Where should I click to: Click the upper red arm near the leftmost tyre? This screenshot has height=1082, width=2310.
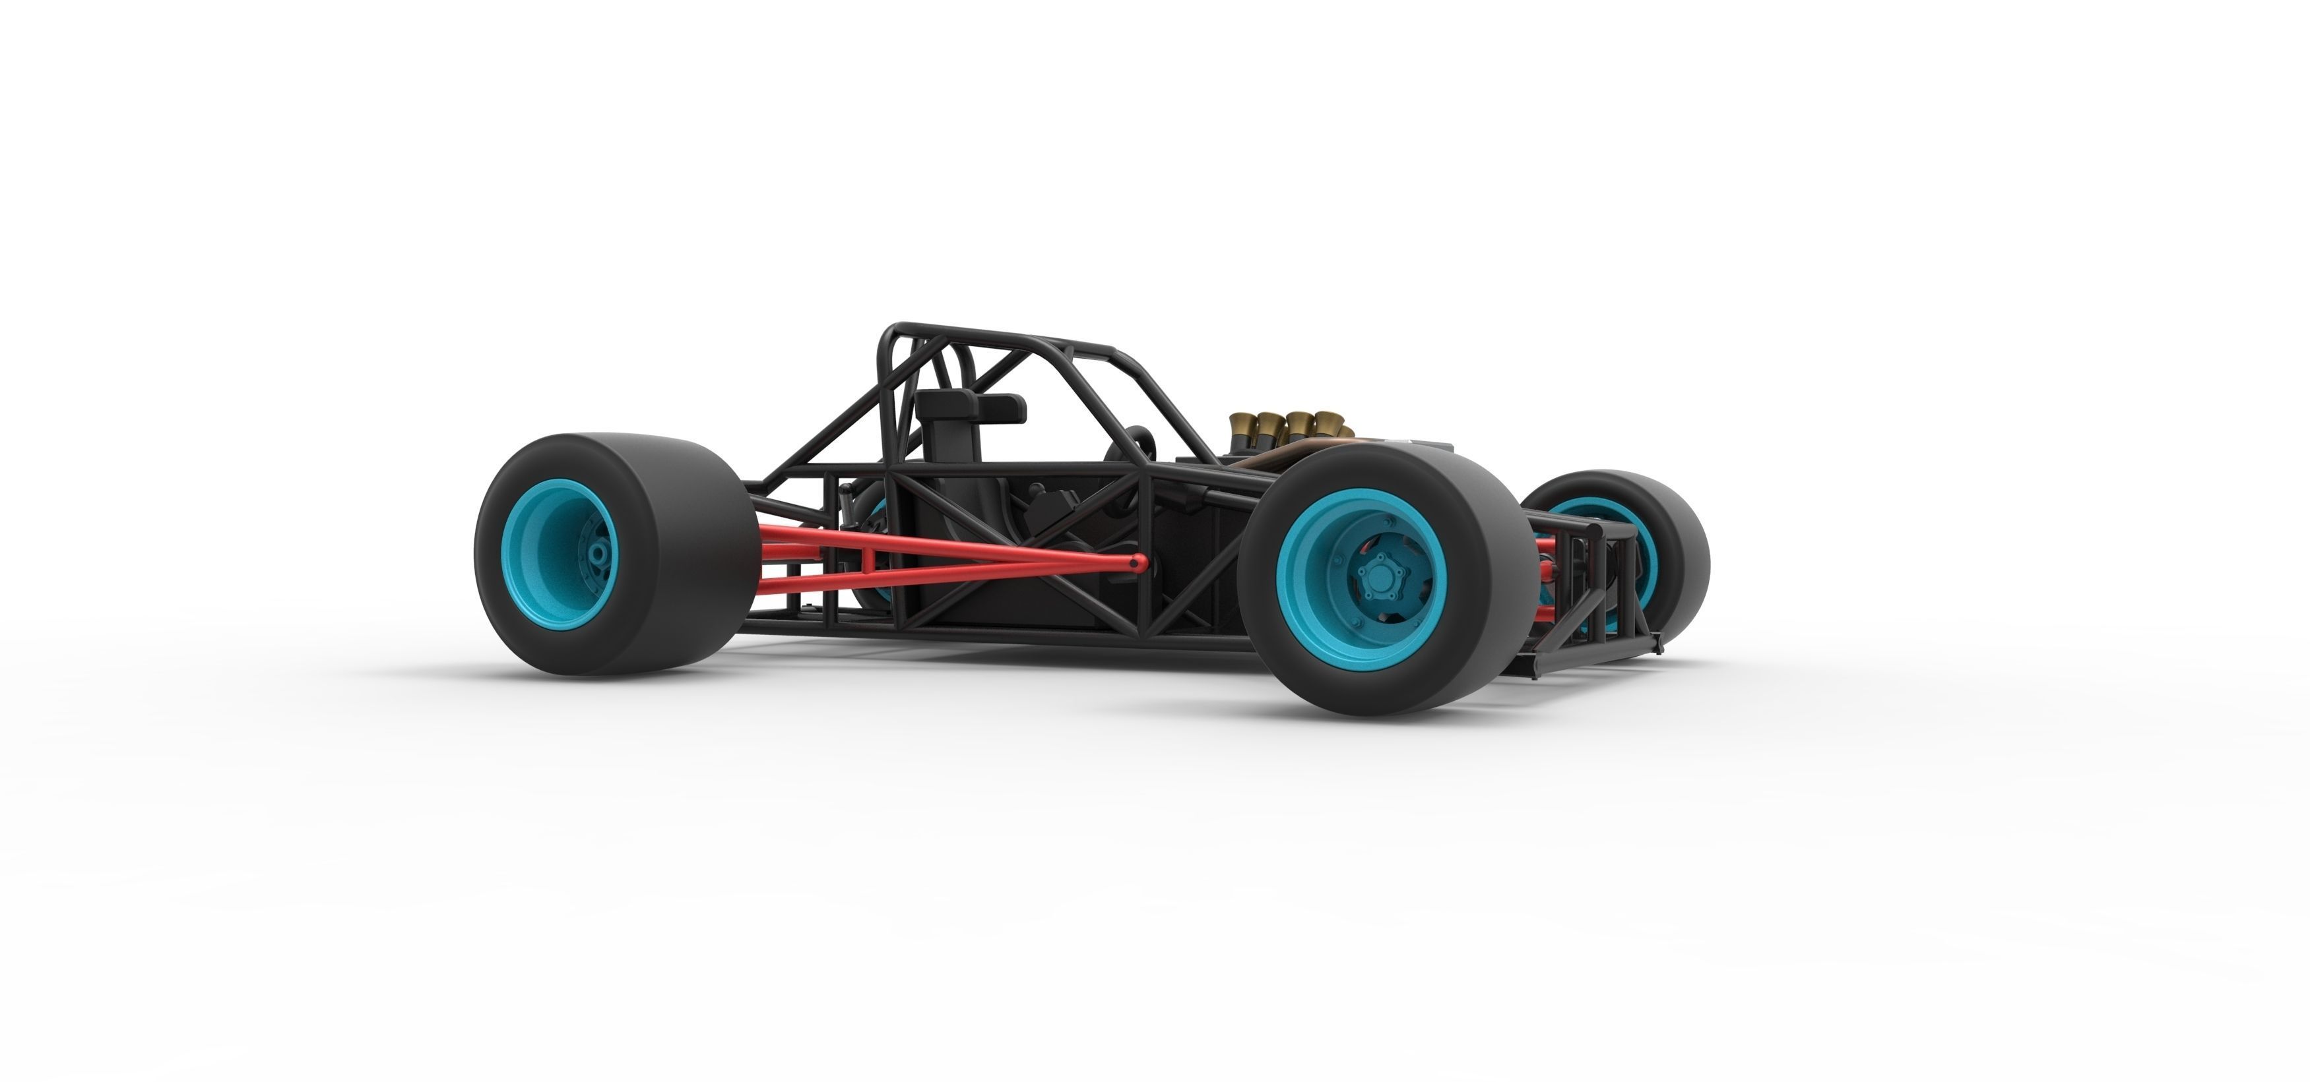click(x=807, y=538)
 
